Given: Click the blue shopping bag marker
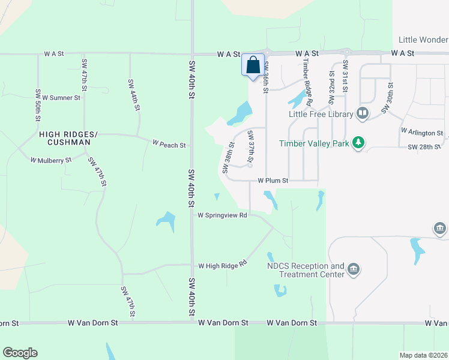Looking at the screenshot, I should [x=253, y=65].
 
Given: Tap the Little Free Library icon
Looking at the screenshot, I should [x=363, y=113].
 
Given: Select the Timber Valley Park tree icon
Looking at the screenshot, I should [x=358, y=143].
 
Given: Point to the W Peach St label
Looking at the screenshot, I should [x=169, y=145].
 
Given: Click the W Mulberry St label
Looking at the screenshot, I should [x=51, y=160].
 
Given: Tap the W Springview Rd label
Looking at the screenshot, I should [x=222, y=215].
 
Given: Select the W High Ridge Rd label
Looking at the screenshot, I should [x=223, y=265].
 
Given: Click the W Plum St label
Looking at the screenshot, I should [x=273, y=180].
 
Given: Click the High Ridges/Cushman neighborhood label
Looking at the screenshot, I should [x=64, y=139].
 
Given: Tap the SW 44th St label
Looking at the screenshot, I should [x=133, y=95].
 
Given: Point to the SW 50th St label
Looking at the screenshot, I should [x=38, y=106].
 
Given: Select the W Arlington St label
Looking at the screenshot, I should [x=422, y=132].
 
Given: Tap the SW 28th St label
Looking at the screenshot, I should [x=424, y=147].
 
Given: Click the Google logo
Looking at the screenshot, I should [x=20, y=353].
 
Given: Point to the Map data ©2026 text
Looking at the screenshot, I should [x=423, y=355].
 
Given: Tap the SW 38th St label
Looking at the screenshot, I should [x=228, y=158].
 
